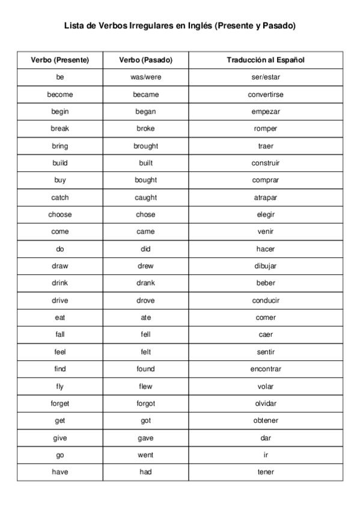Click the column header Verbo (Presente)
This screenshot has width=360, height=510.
[59, 60]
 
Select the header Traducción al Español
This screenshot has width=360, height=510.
[266, 60]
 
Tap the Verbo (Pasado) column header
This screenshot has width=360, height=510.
[145, 60]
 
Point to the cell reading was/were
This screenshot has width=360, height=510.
[145, 78]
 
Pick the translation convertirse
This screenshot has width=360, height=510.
[266, 94]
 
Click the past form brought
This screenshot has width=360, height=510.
[145, 146]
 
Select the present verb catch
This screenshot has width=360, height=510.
[59, 197]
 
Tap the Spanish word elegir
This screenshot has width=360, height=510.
[266, 215]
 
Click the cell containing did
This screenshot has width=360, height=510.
[145, 249]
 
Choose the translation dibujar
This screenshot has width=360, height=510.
[266, 266]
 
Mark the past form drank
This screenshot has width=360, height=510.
[145, 283]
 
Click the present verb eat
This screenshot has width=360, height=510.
[59, 318]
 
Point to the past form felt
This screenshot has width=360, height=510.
[145, 352]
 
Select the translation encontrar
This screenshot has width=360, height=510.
[266, 369]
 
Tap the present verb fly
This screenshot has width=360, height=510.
[59, 386]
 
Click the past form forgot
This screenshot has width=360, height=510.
[145, 404]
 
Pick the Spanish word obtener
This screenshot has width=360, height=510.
[266, 420]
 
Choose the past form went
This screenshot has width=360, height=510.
[145, 455]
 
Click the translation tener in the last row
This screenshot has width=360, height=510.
[266, 472]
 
